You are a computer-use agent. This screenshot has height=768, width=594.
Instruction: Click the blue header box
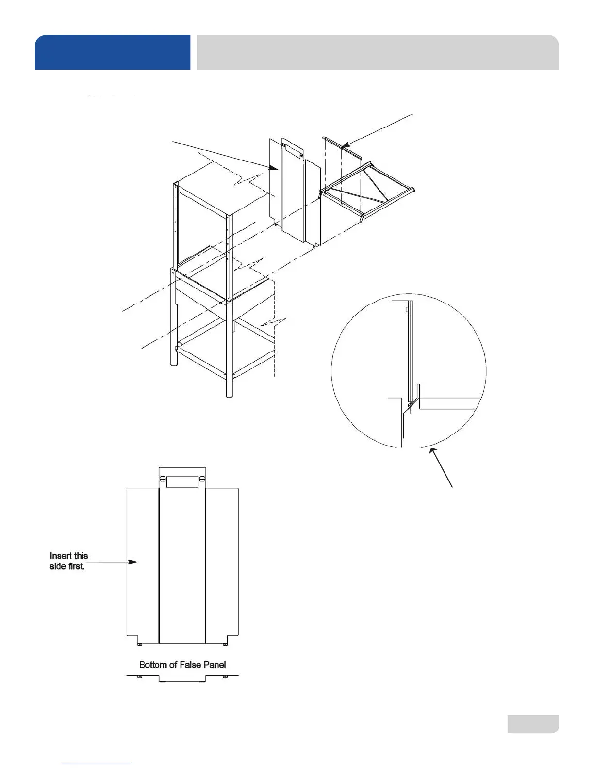point(113,52)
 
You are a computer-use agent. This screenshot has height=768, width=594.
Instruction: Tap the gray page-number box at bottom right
point(533,723)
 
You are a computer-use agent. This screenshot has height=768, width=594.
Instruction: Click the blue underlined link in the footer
point(96,763)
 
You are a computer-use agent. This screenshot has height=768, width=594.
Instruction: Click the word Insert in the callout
point(62,556)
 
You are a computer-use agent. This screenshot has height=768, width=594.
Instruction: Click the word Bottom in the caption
point(151,665)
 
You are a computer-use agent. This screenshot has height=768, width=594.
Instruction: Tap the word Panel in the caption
point(214,665)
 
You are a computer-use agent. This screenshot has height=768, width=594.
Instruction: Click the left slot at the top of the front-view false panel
point(162,479)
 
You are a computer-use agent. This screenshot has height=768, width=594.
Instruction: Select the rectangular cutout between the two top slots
point(182,481)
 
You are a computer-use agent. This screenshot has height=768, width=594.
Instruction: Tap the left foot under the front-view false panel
point(140,644)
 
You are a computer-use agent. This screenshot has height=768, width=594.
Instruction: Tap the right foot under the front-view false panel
point(224,644)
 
